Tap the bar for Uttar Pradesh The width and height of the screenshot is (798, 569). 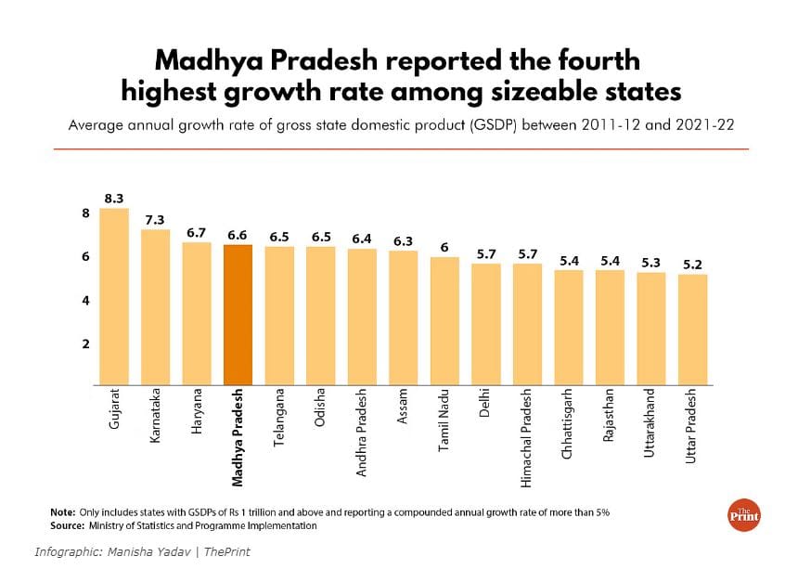click(693, 329)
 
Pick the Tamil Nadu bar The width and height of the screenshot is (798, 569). click(445, 320)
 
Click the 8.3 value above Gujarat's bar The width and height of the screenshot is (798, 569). click(114, 198)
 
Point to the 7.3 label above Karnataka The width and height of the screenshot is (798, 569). click(155, 219)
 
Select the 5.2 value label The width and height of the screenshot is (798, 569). click(693, 265)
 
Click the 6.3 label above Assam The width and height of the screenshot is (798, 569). click(404, 241)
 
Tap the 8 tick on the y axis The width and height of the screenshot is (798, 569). click(85, 213)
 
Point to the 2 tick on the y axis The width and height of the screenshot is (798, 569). click(85, 344)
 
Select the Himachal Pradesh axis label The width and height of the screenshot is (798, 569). click(527, 434)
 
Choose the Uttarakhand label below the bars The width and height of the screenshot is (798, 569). click(651, 421)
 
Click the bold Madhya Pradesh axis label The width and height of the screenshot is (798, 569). click(238, 437)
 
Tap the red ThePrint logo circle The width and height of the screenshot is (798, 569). click(742, 516)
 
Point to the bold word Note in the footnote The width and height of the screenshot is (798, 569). click(63, 512)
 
